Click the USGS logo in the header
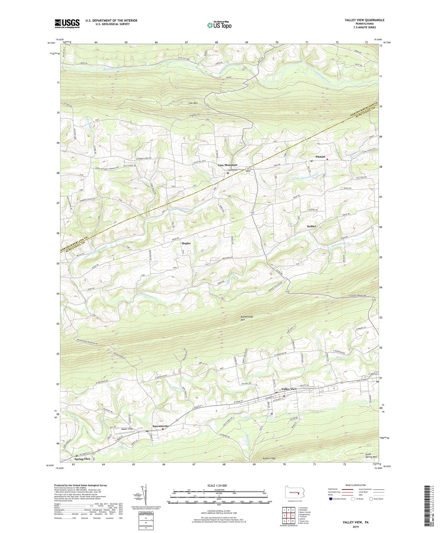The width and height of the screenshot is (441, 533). click(x=67, y=24)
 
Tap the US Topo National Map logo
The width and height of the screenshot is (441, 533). click(x=219, y=25)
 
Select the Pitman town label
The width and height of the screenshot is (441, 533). click(x=320, y=157)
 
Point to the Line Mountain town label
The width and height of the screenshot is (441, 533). click(x=227, y=165)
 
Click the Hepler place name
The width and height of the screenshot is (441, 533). click(x=186, y=243)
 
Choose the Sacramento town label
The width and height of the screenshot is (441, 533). click(x=161, y=426)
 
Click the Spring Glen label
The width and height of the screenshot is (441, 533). click(x=82, y=459)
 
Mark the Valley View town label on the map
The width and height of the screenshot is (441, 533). click(x=289, y=389)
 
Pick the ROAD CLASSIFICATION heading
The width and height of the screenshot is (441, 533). click(x=355, y=485)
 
